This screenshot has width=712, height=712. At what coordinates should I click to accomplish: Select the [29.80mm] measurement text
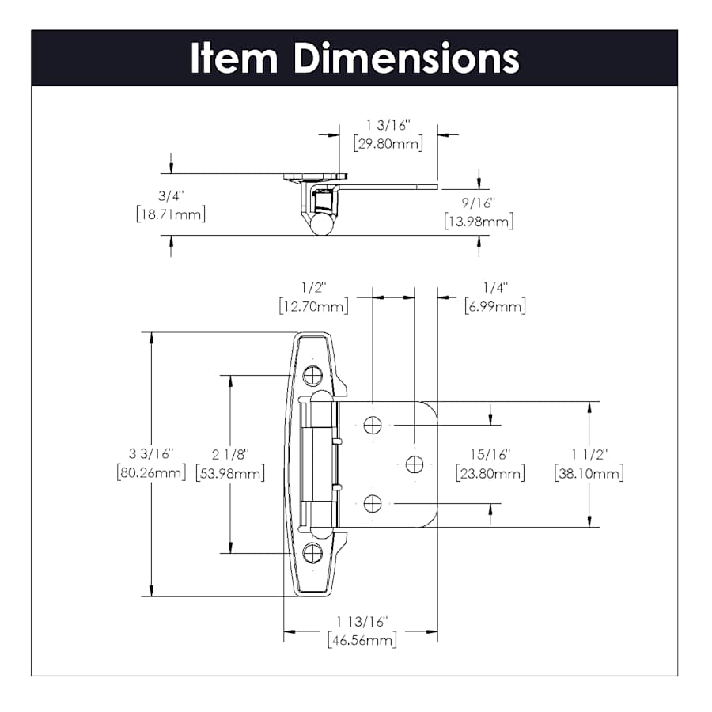pos(388,144)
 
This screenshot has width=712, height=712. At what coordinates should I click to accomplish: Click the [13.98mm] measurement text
pos(479,222)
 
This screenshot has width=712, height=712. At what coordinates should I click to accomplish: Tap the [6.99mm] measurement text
pos(495,305)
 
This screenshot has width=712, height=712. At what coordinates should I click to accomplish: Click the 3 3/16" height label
pos(150,455)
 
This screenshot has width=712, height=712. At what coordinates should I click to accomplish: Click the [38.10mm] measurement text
pos(589,473)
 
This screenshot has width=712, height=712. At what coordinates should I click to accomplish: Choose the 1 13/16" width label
pos(362,623)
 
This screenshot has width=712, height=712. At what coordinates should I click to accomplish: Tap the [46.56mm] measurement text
pos(362,640)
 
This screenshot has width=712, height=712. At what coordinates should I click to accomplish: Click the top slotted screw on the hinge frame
pos(312,376)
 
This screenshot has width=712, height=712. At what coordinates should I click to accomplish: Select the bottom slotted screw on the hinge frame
pos(312,552)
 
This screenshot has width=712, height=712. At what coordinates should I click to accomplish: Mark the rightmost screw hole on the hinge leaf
pos(415,464)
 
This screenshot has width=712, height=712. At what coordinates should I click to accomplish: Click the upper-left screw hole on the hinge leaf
pos(373,426)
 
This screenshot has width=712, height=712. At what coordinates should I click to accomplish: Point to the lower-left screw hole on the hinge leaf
pos(373,502)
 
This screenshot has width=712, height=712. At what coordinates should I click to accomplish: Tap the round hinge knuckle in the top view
pos(320,224)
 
